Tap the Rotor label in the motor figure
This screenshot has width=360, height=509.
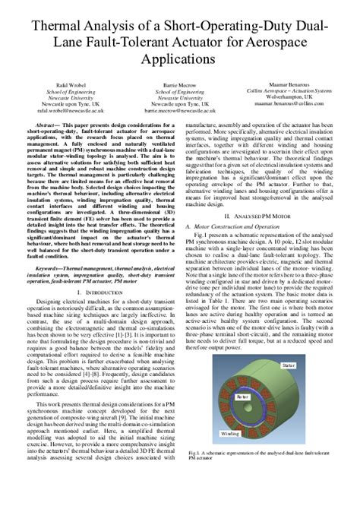click(x=242, y=397)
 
